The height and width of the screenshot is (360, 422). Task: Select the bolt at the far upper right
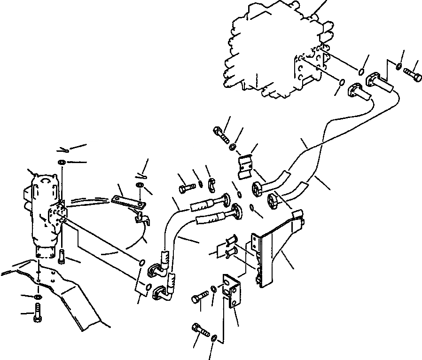pyautogui.click(x=413, y=74)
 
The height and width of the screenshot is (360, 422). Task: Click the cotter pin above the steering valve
pyautogui.click(x=64, y=150)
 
